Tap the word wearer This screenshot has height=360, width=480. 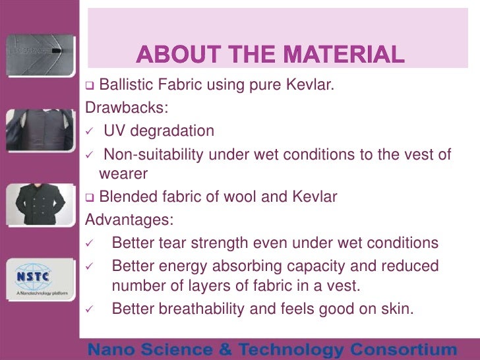click(x=123, y=174)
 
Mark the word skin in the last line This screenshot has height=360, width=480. click(x=396, y=309)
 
